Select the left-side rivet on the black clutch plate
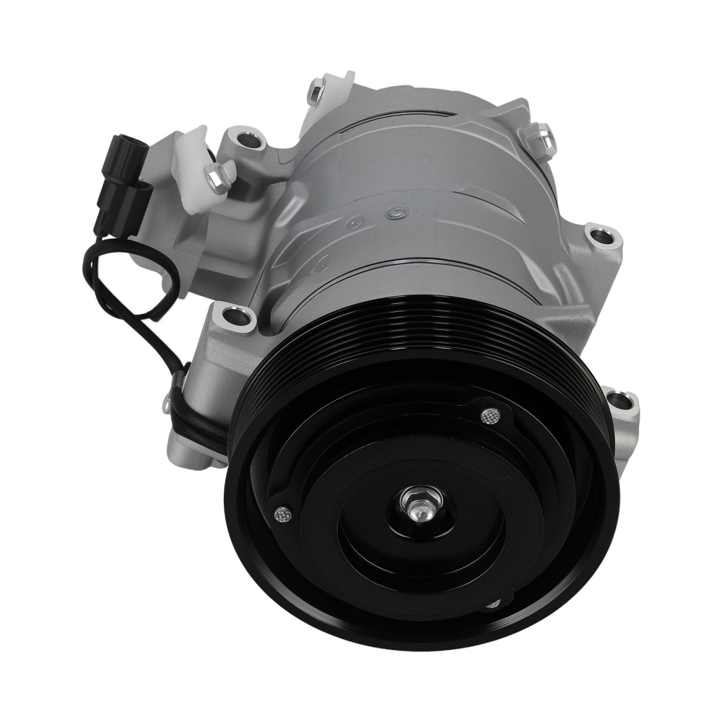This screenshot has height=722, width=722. click(x=280, y=514)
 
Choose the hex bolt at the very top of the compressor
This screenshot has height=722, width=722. click(x=315, y=93)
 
